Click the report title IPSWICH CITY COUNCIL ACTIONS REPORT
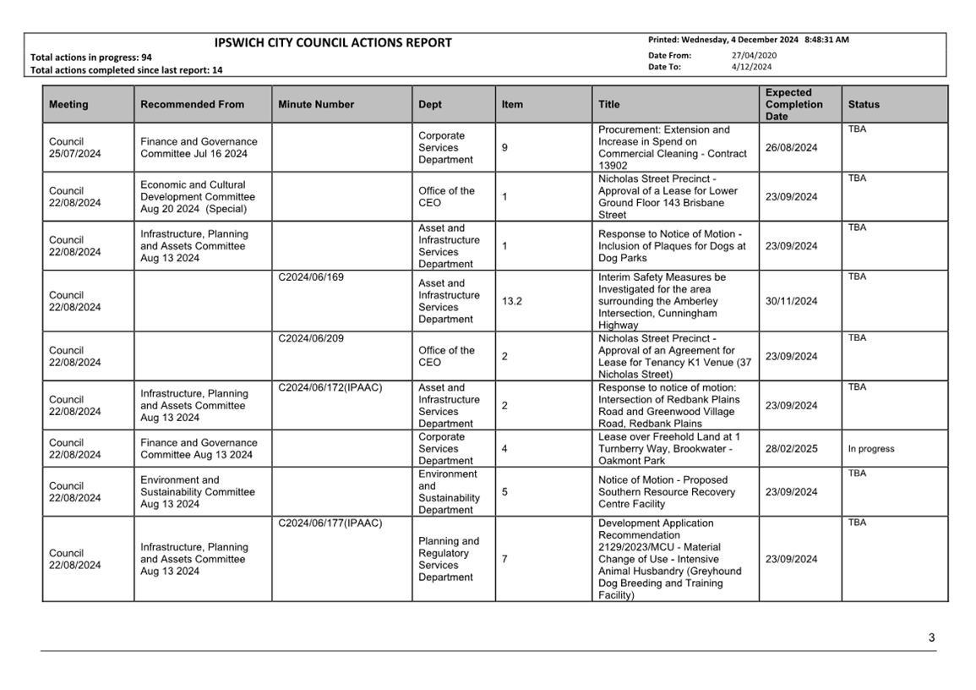click(333, 43)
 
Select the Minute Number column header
click(316, 105)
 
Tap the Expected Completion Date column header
click(793, 105)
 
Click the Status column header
click(864, 105)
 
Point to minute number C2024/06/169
click(310, 277)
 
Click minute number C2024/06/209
click(310, 338)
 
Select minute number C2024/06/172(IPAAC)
click(330, 387)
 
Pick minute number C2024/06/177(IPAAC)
click(330, 523)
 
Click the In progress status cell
click(870, 449)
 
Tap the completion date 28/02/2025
click(791, 449)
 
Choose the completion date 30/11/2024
click(791, 301)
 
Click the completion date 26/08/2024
click(791, 148)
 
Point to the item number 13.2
click(511, 301)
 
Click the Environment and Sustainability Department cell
click(448, 492)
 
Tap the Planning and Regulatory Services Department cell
click(448, 559)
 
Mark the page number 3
click(931, 638)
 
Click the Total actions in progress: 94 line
click(91, 57)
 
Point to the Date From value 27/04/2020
click(754, 56)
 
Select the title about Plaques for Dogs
click(672, 246)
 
